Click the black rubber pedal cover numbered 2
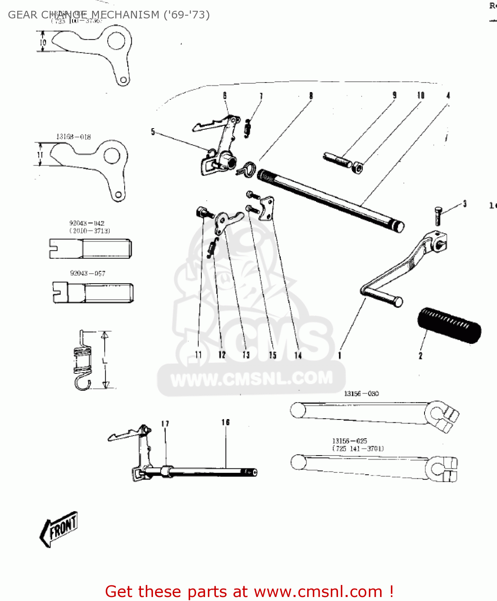[449, 325]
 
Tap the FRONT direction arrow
[59, 529]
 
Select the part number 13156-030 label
[361, 393]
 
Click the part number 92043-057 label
[88, 273]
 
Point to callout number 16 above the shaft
[225, 422]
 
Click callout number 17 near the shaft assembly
[165, 424]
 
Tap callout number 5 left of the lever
[153, 132]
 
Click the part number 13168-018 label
[73, 137]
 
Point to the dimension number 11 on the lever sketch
[40, 155]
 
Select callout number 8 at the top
[311, 96]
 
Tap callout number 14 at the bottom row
[298, 355]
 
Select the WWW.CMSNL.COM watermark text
[252, 378]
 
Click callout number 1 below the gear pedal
[340, 355]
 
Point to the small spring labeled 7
[247, 128]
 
